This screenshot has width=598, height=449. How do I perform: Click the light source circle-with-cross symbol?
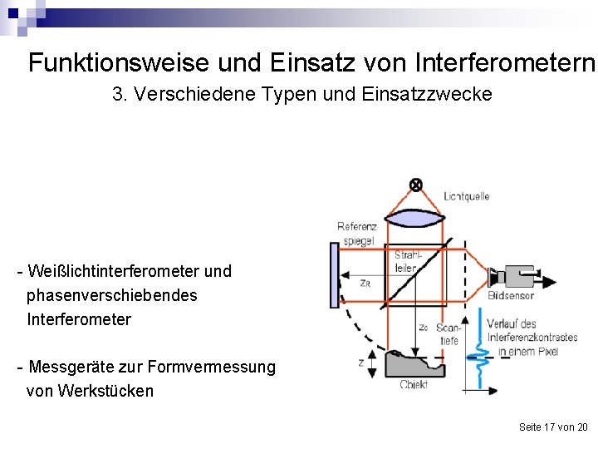click(x=416, y=185)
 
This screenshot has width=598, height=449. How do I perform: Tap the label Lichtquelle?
click(x=467, y=197)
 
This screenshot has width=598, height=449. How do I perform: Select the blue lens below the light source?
click(x=416, y=219)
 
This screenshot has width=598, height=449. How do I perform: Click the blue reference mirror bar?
click(x=334, y=275)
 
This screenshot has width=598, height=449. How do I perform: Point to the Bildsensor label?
click(x=511, y=295)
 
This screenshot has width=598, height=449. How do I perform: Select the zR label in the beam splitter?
click(x=365, y=283)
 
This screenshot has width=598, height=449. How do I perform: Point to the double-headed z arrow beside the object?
click(x=371, y=363)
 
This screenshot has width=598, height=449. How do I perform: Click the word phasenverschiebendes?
click(x=111, y=295)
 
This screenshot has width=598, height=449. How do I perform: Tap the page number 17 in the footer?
click(x=549, y=427)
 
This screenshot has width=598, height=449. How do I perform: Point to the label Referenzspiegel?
click(x=356, y=234)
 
